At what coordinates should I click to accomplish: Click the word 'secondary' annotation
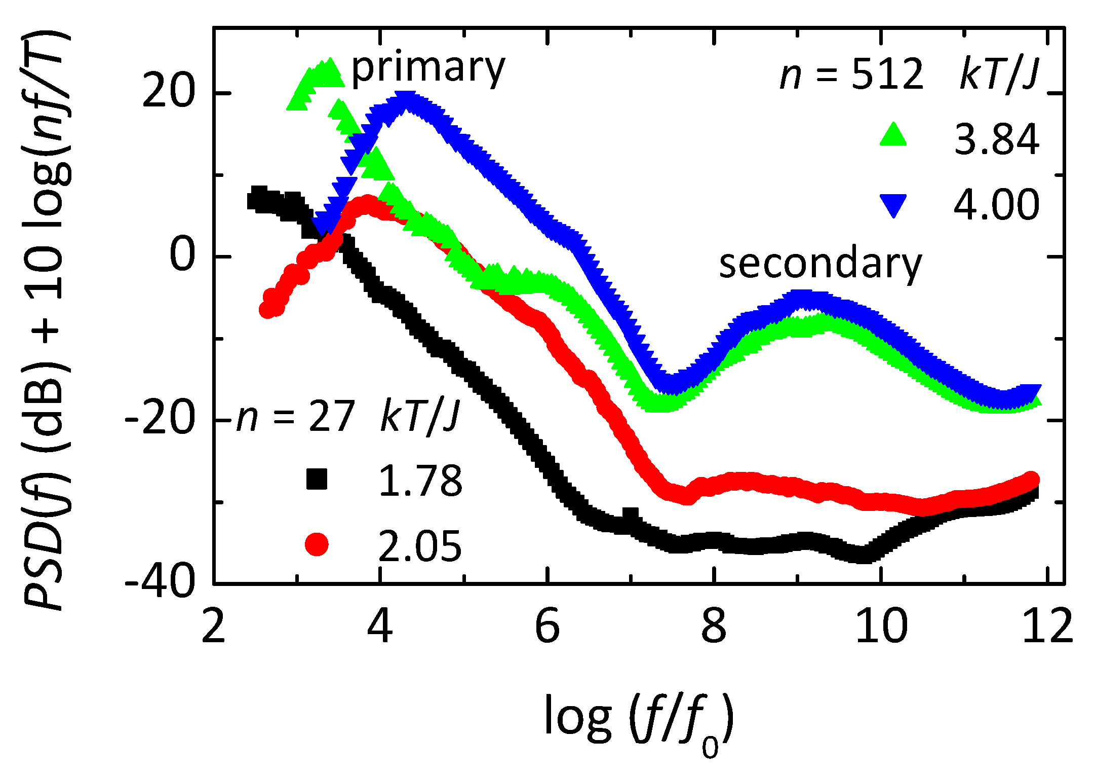point(820,265)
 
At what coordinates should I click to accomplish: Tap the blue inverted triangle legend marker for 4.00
point(893,205)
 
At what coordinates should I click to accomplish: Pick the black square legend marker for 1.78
point(317,479)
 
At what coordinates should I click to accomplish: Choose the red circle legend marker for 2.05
point(317,544)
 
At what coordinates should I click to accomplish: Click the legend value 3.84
point(996,139)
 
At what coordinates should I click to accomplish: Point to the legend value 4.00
point(996,205)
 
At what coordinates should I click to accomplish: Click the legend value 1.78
point(420,481)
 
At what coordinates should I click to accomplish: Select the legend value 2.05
point(420,546)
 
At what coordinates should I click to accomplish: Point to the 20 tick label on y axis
point(169,93)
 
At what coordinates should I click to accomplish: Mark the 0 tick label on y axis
point(182,256)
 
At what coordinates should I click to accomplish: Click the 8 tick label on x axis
point(714,627)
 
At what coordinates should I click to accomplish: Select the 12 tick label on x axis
point(1047,627)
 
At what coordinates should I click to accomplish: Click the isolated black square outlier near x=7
point(631,517)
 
